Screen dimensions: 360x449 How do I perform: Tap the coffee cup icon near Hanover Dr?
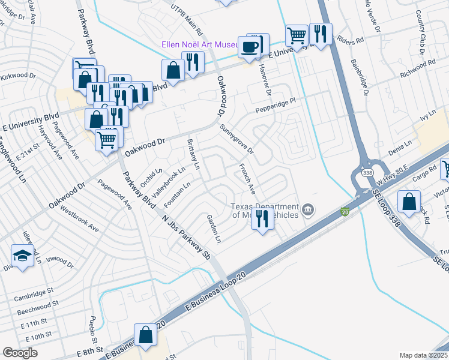tap(249, 47)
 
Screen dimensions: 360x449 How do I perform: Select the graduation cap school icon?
tap(22, 256)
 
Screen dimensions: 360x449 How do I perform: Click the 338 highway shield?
tap(367, 173)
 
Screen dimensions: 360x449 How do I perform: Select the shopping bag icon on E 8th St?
tap(146, 335)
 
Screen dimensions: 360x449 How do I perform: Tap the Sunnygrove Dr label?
tap(237, 139)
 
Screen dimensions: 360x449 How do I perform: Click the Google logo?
tap(20, 353)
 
